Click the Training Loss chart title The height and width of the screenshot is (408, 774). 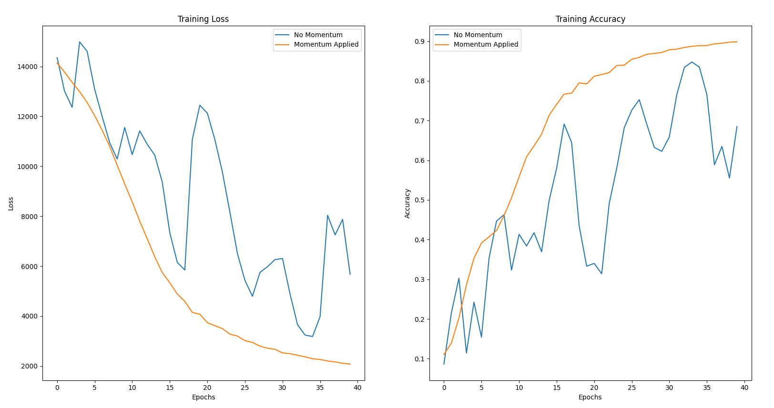click(203, 19)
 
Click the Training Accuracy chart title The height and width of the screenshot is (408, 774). click(590, 19)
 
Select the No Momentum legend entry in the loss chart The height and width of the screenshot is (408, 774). click(318, 35)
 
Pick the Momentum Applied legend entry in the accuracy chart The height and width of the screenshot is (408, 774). click(485, 44)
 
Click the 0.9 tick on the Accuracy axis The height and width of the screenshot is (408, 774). click(419, 41)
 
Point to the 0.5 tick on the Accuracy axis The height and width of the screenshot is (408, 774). click(419, 200)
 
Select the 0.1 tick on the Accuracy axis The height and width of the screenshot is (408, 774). click(419, 359)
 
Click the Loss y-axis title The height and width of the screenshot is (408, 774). click(11, 204)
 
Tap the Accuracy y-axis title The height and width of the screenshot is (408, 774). click(407, 204)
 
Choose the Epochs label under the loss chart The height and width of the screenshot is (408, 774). click(204, 397)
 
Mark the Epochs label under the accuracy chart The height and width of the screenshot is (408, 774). click(590, 397)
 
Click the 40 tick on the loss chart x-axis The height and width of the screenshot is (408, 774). click(357, 388)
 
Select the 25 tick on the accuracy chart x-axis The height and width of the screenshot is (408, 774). click(631, 388)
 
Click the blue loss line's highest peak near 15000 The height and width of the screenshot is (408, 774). click(80, 42)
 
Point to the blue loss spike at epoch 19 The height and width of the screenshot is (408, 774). click(200, 105)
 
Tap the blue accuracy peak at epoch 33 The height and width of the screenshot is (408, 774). click(692, 62)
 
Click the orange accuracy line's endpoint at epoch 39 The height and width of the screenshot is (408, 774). click(737, 42)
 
